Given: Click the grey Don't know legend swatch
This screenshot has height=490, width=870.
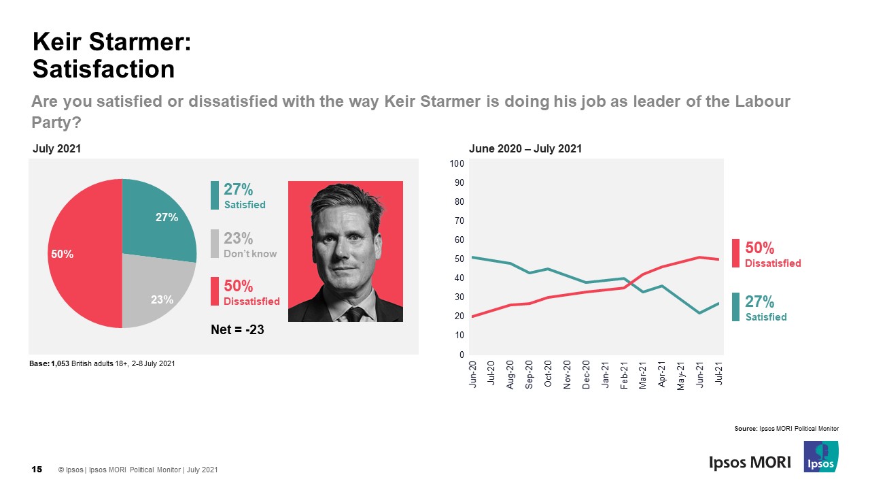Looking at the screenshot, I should [x=215, y=244].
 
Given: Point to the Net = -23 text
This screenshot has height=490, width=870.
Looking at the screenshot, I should [x=237, y=330].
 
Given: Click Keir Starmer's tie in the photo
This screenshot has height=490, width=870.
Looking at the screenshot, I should [x=353, y=314].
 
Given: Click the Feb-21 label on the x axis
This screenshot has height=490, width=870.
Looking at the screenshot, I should [x=624, y=372].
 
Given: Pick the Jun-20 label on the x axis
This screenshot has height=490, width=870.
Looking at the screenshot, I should [x=472, y=372].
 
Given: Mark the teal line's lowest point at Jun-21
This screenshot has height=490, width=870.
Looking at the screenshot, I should [x=699, y=313].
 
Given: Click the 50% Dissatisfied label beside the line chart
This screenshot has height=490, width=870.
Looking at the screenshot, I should [x=772, y=254].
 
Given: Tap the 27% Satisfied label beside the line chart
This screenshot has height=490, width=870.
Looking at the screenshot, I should [x=765, y=307].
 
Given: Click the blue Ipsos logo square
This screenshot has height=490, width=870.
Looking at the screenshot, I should [x=820, y=457].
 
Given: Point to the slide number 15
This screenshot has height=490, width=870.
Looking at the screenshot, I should [x=37, y=470].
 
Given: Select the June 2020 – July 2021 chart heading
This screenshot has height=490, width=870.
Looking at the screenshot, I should [x=525, y=149].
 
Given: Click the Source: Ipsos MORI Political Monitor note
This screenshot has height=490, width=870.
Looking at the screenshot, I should [x=786, y=429].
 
